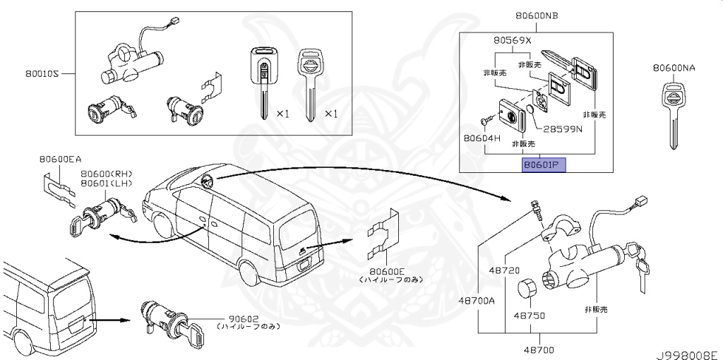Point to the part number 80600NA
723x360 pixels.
(x=674, y=68)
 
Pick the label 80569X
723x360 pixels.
(x=512, y=40)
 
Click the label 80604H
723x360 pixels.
(x=482, y=138)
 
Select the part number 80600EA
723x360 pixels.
(x=61, y=160)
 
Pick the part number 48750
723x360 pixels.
(x=529, y=316)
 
